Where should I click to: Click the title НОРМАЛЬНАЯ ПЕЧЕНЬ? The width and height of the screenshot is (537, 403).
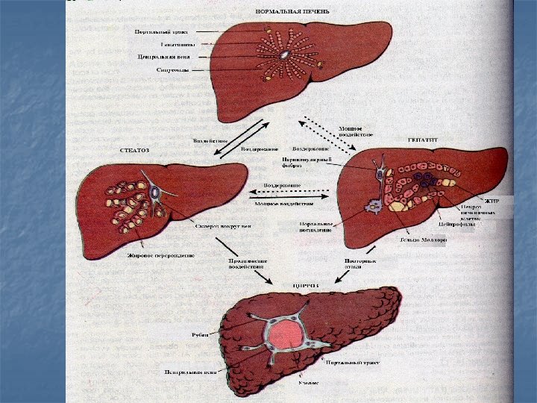tap(292, 12)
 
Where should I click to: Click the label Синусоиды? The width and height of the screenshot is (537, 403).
tap(172, 70)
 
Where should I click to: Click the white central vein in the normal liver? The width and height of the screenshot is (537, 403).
tap(284, 55)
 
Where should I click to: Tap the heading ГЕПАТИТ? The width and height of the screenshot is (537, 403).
tap(421, 139)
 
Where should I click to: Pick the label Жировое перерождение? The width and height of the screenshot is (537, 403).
tap(148, 254)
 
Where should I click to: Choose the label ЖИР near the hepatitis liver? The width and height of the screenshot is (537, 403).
tap(491, 201)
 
